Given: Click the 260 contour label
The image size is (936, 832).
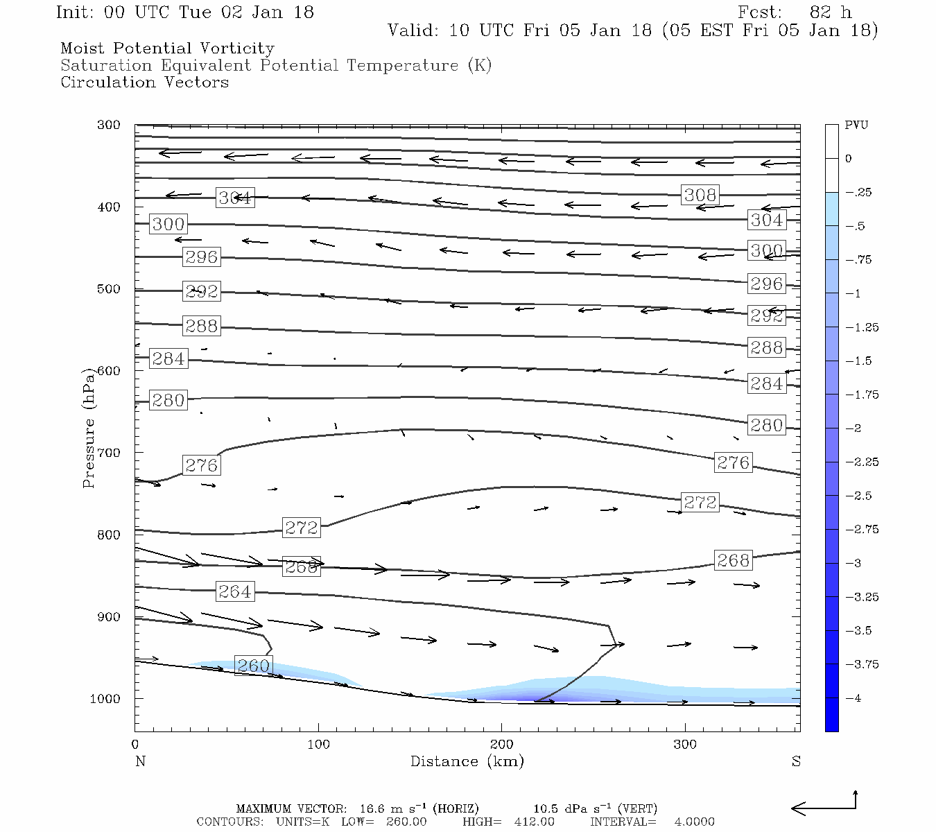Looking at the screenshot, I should pyautogui.click(x=254, y=666).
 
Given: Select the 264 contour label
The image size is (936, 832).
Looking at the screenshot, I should pyautogui.click(x=235, y=591).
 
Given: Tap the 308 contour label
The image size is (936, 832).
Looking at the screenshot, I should pyautogui.click(x=700, y=195).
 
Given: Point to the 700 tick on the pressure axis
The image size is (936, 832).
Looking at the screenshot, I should pyautogui.click(x=109, y=453).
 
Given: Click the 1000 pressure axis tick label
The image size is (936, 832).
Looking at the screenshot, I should pyautogui.click(x=105, y=699).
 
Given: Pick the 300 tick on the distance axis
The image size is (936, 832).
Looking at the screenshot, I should pyautogui.click(x=685, y=745).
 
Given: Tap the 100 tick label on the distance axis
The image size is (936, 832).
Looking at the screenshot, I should pyautogui.click(x=318, y=745).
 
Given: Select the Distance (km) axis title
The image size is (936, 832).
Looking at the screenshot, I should pyautogui.click(x=467, y=761).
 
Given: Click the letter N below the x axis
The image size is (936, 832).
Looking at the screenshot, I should pyautogui.click(x=140, y=761).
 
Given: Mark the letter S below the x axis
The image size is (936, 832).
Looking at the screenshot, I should pyautogui.click(x=796, y=761).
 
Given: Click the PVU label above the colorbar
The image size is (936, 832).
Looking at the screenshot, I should pyautogui.click(x=856, y=125).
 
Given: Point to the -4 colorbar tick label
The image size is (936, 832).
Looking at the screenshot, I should pyautogui.click(x=854, y=698).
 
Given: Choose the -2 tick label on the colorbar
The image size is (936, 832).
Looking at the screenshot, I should pyautogui.click(x=854, y=428).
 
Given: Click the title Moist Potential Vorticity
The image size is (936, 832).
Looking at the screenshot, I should pyautogui.click(x=167, y=49).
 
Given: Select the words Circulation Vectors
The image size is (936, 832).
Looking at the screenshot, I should pyautogui.click(x=144, y=83).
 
